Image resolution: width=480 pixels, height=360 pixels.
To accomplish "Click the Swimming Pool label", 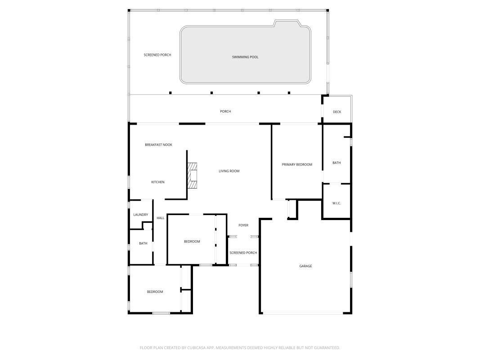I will click(245, 57).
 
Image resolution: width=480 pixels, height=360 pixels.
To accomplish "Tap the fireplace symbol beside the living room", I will click(193, 175).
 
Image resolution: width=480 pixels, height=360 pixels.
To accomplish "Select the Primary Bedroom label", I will click(297, 165).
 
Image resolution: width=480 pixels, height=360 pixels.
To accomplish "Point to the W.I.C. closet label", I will click(336, 203).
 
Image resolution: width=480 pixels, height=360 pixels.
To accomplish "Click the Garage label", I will click(305, 266).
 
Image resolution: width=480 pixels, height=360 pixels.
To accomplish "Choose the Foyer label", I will click(243, 225).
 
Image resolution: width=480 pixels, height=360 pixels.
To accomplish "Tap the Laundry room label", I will click(140, 215).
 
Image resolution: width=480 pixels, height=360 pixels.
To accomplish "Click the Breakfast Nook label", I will click(158, 145).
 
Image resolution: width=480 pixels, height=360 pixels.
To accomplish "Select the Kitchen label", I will click(157, 182).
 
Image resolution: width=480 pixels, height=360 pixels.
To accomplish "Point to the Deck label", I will click(337, 112).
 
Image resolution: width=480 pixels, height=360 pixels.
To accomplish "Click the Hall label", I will click(161, 218).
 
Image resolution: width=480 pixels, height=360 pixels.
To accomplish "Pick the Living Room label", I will click(229, 171).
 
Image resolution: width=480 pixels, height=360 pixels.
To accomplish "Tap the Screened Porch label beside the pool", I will click(157, 55).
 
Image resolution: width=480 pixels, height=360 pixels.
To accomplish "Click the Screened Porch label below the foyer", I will click(243, 253).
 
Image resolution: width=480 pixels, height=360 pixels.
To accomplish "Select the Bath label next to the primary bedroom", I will click(336, 163).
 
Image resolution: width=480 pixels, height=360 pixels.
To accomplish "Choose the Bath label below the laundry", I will click(143, 243).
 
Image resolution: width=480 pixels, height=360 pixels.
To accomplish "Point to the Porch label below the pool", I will click(225, 112).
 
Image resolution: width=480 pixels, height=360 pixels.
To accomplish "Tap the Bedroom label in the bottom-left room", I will click(155, 292).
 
